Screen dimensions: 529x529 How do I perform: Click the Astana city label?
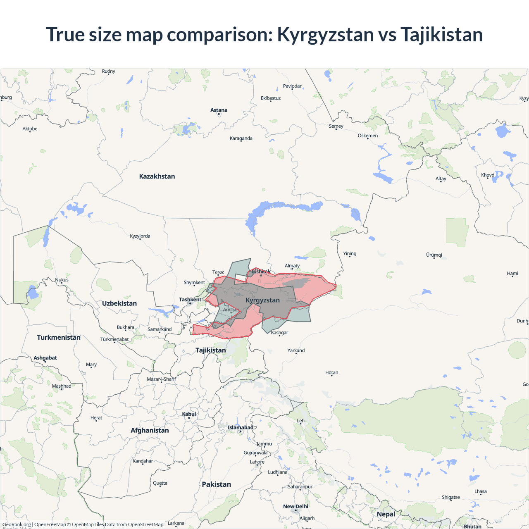(x=219, y=110)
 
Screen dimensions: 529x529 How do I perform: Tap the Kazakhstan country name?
(x=157, y=176)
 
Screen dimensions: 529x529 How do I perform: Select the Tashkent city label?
(x=190, y=300)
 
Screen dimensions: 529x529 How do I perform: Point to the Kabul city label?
(x=189, y=414)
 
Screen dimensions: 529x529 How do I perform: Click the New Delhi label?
(x=295, y=506)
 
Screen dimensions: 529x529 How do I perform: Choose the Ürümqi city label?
(x=434, y=255)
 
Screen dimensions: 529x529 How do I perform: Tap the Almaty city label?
(x=292, y=266)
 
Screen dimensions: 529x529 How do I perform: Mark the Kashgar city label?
(x=280, y=333)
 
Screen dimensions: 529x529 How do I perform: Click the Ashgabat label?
(x=45, y=358)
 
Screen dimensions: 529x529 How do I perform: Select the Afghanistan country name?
(x=150, y=430)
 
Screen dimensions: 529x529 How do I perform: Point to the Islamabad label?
(x=240, y=427)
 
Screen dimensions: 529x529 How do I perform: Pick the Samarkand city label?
(x=160, y=329)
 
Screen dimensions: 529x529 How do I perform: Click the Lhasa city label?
(x=481, y=491)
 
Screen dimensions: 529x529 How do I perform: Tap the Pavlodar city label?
(x=292, y=86)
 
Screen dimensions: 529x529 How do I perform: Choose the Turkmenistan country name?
(x=59, y=337)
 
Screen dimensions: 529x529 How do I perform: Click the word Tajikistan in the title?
(x=441, y=34)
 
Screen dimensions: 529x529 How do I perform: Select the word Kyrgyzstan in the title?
(x=325, y=34)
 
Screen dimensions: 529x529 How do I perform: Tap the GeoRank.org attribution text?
(x=17, y=524)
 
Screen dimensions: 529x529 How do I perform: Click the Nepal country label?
(x=386, y=514)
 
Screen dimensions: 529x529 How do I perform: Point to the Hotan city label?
(x=332, y=373)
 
